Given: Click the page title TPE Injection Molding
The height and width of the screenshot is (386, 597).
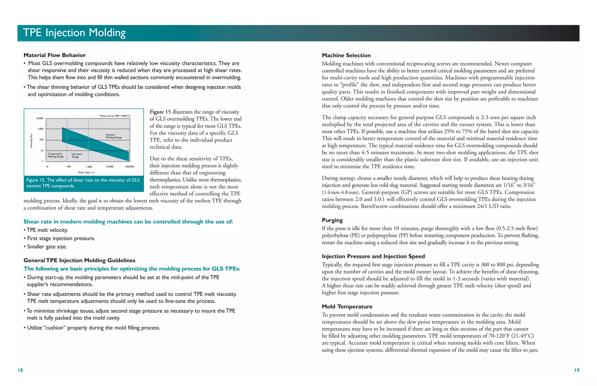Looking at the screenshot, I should point(74,33).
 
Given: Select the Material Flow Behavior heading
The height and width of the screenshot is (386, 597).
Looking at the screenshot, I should point(55,55).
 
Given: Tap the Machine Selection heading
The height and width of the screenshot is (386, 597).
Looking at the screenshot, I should point(346,55).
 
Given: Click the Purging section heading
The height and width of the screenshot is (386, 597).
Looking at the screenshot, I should point(332,220).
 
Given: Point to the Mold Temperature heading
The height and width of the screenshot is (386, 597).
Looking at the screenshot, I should point(347,306).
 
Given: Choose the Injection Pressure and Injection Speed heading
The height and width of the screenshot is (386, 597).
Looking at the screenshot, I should point(373,256).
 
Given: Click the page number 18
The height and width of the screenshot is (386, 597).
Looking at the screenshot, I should point(20,370).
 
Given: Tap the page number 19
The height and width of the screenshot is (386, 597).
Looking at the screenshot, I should point(577,370).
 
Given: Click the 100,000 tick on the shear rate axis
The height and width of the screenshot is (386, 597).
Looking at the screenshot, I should point(129,167).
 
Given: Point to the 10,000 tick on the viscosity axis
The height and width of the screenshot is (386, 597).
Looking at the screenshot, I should point(39,119).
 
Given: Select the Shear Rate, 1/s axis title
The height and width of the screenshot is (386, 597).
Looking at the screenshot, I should point(86,172).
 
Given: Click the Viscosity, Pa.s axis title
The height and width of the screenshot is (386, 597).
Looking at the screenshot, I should point(31,140).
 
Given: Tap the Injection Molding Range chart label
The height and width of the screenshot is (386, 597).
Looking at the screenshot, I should point(114,136).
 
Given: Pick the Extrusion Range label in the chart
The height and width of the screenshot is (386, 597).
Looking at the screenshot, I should point(77,155).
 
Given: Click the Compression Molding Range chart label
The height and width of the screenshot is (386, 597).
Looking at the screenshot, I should point(55,155).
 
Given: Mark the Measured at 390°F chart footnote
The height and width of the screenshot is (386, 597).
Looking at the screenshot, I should point(115,116).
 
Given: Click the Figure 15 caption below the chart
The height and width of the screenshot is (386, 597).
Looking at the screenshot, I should point(83,183).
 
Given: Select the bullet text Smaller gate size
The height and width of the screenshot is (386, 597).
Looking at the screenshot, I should point(47,247).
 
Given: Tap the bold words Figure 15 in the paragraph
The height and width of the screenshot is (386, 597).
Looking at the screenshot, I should point(160,112).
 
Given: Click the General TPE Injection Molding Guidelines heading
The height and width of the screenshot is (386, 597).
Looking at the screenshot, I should point(79,260).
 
